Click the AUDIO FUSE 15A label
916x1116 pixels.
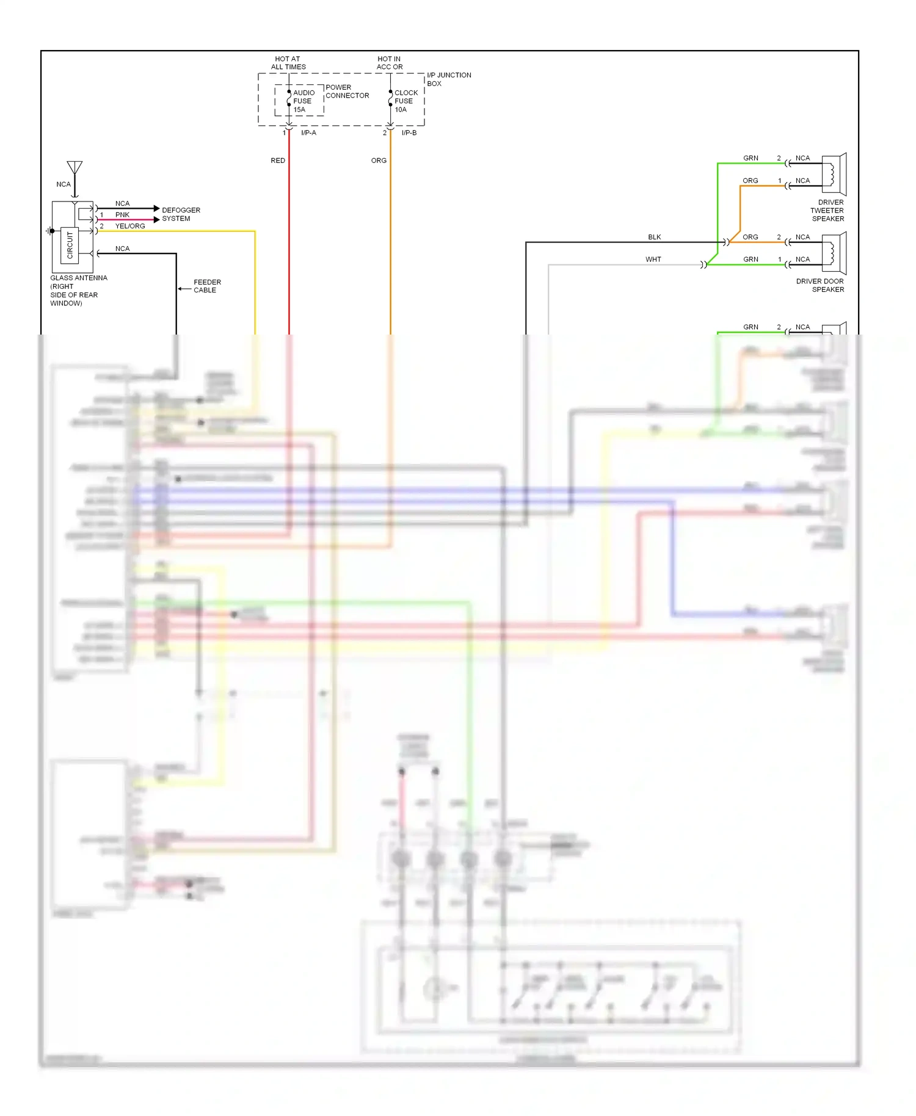pyautogui.click(x=303, y=101)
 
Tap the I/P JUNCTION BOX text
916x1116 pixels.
pyautogui.click(x=448, y=79)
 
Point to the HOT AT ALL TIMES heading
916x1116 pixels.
pyautogui.click(x=288, y=63)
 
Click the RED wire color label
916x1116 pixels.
pyautogui.click(x=278, y=161)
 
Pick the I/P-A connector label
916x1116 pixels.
pyautogui.click(x=308, y=133)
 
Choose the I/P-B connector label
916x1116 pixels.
pyautogui.click(x=409, y=133)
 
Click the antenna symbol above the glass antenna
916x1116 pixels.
pyautogui.click(x=75, y=168)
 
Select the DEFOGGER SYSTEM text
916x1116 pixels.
pyautogui.click(x=181, y=214)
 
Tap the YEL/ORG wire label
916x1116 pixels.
pyautogui.click(x=130, y=226)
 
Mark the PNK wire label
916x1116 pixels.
pyautogui.click(x=122, y=215)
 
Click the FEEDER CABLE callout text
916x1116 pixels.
pyautogui.click(x=207, y=286)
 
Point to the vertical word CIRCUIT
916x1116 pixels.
pyautogui.click(x=70, y=245)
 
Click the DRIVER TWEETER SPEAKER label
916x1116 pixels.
pyautogui.click(x=827, y=211)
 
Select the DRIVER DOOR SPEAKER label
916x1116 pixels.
pyautogui.click(x=820, y=286)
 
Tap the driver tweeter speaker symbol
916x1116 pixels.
pyautogui.click(x=834, y=174)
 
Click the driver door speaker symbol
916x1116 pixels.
pyautogui.click(x=834, y=253)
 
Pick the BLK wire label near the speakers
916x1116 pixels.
pyautogui.click(x=655, y=237)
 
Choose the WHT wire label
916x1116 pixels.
pyautogui.click(x=653, y=259)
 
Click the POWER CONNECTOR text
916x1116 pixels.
pyautogui.click(x=347, y=92)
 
